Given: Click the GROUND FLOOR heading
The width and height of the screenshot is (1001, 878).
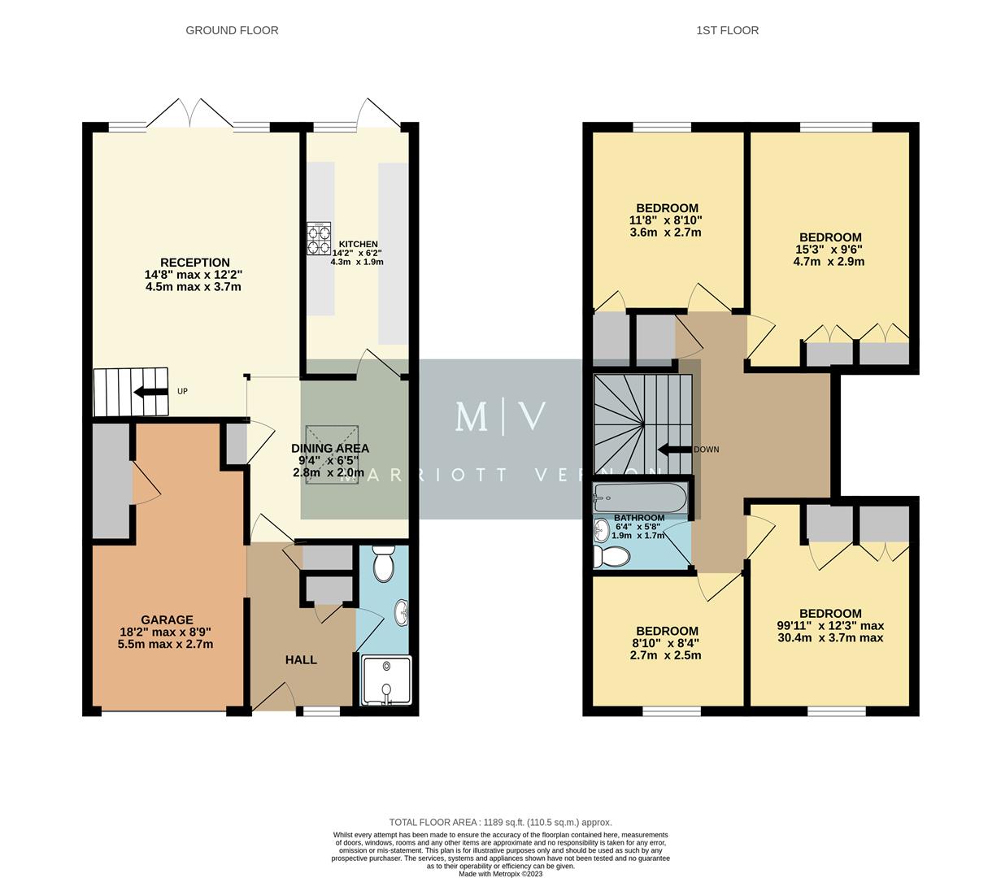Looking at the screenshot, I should pos(232,31).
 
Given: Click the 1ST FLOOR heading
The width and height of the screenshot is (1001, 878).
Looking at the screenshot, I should pos(727,31).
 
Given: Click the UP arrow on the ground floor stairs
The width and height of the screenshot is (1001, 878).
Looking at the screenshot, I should pos(151,392).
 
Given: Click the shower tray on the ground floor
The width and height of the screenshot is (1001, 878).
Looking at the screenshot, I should pos(386,680).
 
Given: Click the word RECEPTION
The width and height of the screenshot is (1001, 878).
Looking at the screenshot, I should pos(194,263).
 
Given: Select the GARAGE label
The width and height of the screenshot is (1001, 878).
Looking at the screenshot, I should pos(167,619).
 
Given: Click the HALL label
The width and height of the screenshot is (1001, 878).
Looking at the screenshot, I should pos(301,660).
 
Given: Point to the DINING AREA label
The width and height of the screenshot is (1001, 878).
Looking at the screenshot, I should pos(330,449).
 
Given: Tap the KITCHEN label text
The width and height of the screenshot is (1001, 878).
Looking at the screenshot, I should pos(358,244).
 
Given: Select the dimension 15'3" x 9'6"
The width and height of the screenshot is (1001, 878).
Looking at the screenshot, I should pos(829,250).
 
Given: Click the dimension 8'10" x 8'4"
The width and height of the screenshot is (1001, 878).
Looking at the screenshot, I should pos(667,643).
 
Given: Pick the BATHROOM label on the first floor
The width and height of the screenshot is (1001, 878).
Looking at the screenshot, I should pos(639,518).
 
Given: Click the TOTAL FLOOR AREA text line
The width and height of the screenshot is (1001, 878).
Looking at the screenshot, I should pos(500,823).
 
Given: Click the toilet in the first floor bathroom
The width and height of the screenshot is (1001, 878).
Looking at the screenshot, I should pos(611,557).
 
